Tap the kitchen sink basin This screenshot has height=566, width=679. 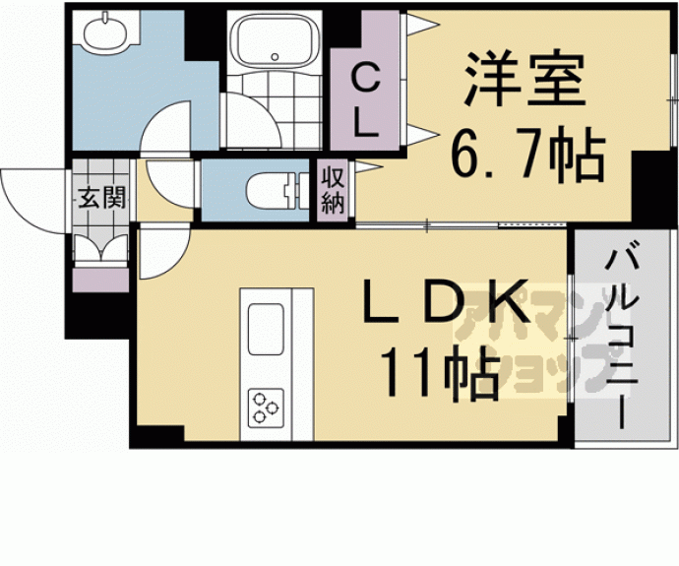[267, 331]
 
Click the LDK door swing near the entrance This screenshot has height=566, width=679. [161, 250]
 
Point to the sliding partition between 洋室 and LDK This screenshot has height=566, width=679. [463, 227]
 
